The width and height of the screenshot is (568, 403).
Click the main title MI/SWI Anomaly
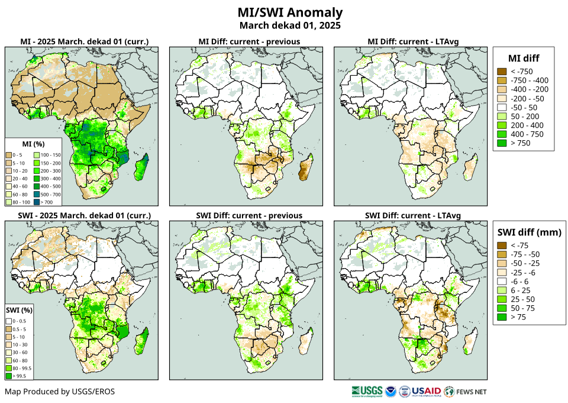pos(290,12)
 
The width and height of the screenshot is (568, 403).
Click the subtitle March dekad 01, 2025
pos(290,25)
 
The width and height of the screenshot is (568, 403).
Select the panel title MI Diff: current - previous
pos(248,41)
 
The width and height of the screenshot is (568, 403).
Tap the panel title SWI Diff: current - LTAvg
pos(412,215)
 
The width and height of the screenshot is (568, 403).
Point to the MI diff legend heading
pos(524,57)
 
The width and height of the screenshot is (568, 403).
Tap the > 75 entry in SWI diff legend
pos(518,317)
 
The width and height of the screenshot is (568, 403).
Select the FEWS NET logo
pos(466,391)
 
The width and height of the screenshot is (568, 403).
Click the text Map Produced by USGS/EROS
pos(60,391)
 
